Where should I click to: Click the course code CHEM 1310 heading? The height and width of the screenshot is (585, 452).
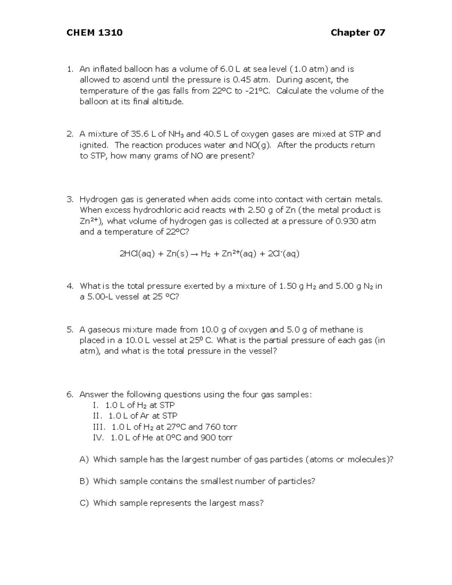[94, 33]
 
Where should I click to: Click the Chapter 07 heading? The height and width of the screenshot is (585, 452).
[358, 33]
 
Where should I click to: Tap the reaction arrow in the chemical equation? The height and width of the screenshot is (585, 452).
[194, 254]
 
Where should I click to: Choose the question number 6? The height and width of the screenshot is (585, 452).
[69, 395]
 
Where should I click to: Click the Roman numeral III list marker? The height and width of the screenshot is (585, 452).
[100, 427]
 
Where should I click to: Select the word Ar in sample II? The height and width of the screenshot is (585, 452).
[144, 416]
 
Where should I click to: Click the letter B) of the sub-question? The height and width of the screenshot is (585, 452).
[84, 481]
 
